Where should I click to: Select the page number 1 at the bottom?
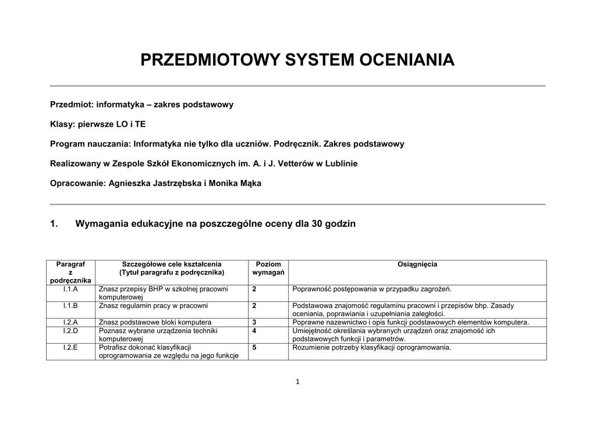pos(297,381)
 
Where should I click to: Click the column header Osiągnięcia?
pos(417,265)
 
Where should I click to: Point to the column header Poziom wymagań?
pos(268,268)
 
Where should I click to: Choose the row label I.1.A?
pos(70,289)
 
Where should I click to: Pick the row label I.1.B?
pos(70,305)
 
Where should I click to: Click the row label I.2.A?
pos(70,322)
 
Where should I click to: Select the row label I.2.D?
pos(70,331)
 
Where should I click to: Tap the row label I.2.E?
pos(70,348)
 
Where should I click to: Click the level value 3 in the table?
pos(254,322)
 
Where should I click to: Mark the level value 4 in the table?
pos(254,331)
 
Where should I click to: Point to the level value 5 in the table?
pos(254,348)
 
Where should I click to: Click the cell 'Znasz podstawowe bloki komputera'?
pos(155,322)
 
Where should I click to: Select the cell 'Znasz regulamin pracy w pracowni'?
pos(153,305)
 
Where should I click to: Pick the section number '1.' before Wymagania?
pos(55,224)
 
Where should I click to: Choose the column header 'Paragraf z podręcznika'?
pos(70,272)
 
